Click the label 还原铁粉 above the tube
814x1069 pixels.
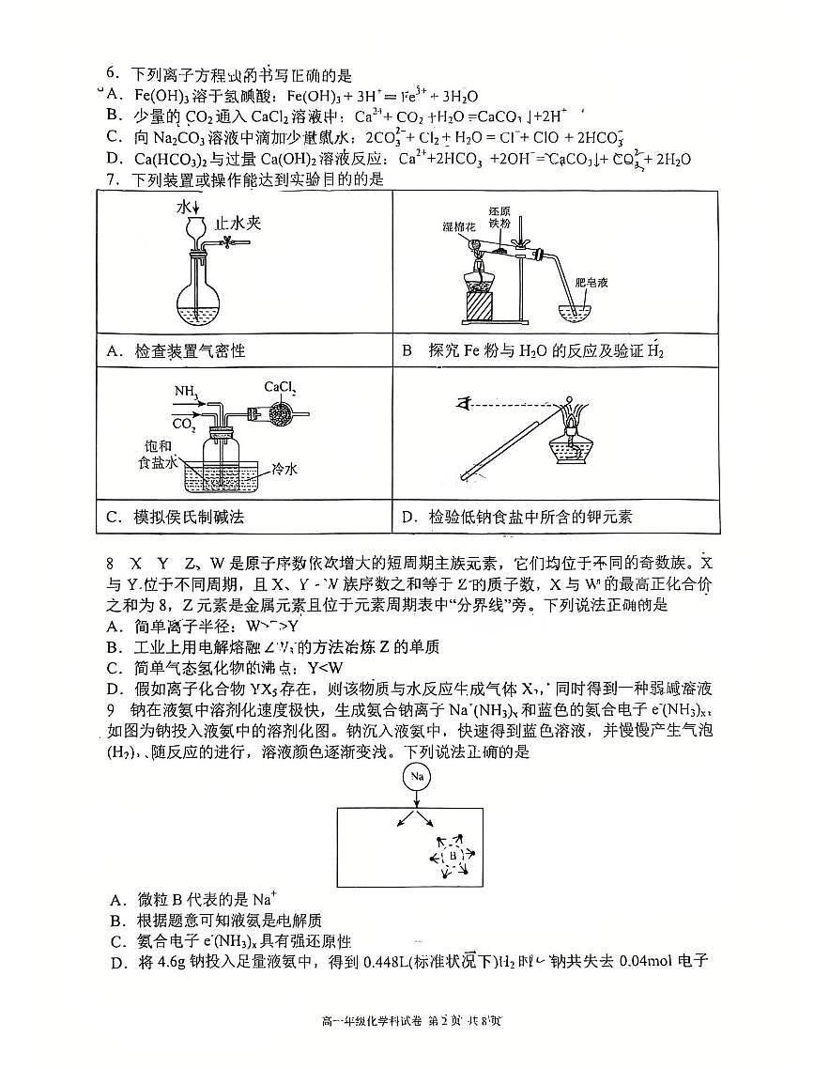coord(499,217)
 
